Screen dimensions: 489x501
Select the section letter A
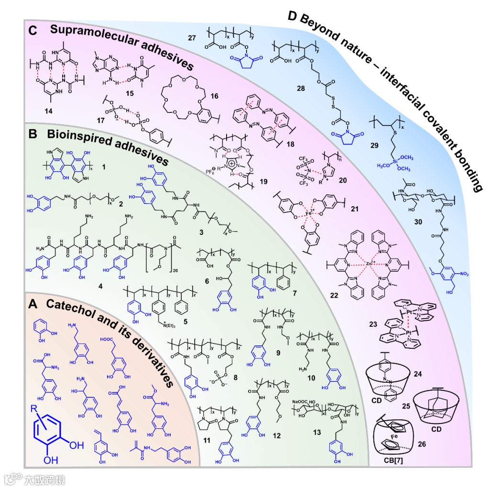(x=33, y=304)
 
